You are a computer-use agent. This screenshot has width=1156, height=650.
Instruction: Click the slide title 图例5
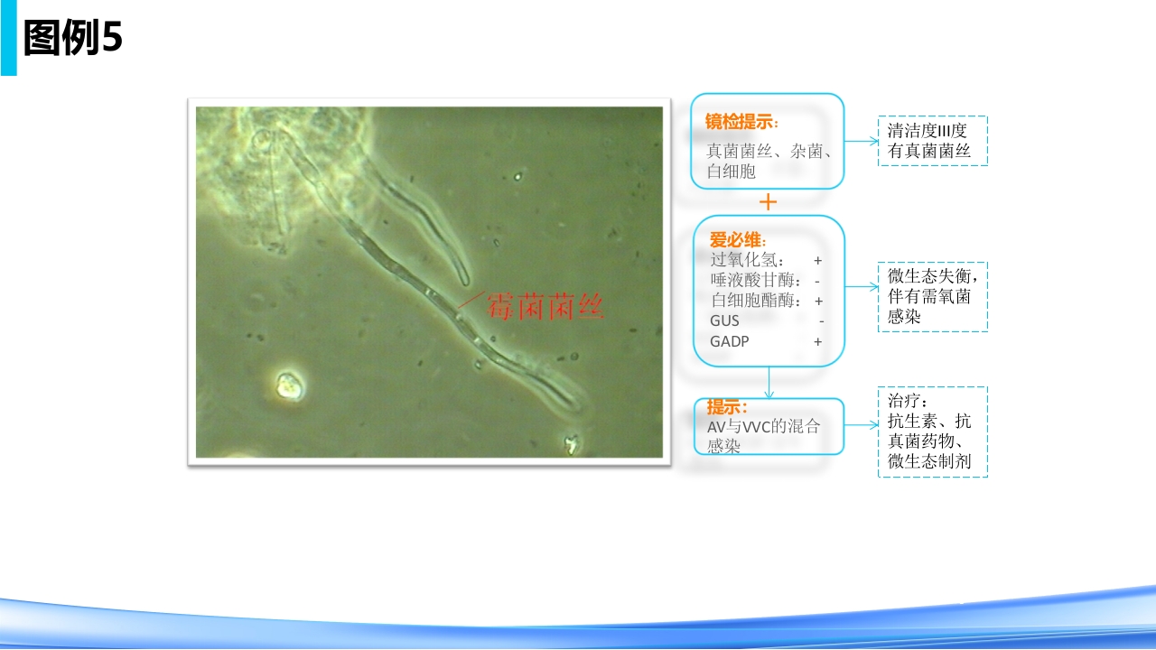pos(73,39)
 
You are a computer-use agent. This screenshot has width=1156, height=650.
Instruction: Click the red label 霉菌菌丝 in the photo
pos(545,308)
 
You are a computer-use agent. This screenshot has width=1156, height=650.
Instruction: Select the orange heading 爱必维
pos(738,240)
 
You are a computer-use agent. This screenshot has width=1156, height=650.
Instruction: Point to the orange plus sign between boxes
pos(768,202)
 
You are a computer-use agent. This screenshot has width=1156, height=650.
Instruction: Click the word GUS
pos(724,321)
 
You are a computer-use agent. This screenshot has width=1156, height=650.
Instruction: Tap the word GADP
pos(729,342)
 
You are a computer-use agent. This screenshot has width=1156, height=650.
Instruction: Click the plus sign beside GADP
pos(817,342)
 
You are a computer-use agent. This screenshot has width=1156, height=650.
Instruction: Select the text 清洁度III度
pos(927,131)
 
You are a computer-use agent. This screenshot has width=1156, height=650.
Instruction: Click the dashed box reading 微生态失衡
pos(932,296)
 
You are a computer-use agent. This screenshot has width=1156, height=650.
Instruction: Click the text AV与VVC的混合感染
pos(764,435)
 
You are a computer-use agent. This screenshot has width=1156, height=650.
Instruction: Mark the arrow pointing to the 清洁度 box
pos(862,141)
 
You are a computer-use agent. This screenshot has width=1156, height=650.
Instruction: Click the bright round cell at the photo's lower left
pos(289,385)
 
